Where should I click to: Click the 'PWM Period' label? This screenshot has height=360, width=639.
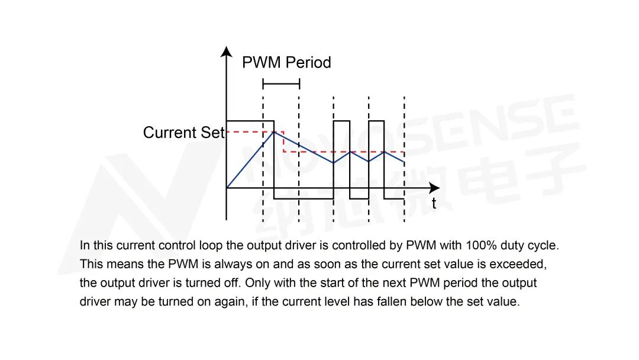pos(286,62)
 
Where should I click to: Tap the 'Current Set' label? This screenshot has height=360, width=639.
pos(184,133)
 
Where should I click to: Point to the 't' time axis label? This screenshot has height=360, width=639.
pos(434,203)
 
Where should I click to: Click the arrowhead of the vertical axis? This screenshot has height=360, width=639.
pos(226,52)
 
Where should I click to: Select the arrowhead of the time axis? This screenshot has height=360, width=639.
pos(435,188)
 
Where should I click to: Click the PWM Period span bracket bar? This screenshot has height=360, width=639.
pos(281,84)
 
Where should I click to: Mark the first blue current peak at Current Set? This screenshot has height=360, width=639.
pos(274,131)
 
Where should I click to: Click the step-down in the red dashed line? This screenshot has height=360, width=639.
pos(283,142)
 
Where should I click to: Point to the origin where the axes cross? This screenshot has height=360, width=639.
pos(226,188)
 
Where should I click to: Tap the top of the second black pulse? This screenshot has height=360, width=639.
pos(341,121)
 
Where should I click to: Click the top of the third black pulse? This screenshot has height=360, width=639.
pos(376,121)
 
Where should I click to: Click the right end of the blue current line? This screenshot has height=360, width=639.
pos(404,162)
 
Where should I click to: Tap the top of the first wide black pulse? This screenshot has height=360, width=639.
pos(250,121)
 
